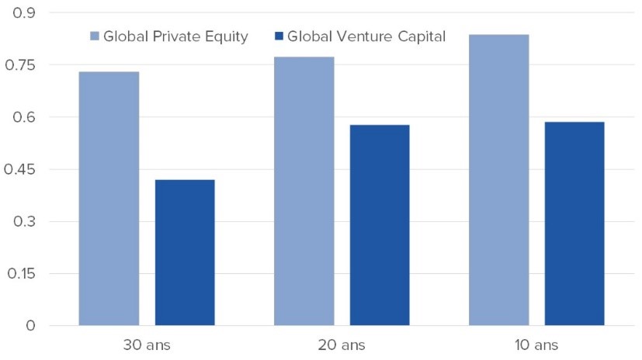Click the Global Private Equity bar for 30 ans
point(109,199)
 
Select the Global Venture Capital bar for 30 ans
point(185,252)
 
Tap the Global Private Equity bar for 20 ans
point(304,191)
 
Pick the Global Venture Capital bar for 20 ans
point(380,225)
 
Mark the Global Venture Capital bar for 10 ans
point(574,223)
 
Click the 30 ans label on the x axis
point(147,344)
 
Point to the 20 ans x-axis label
point(342,344)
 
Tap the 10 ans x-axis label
point(536,344)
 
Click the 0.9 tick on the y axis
point(25,13)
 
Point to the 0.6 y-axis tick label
point(25,117)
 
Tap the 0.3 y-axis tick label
point(25,222)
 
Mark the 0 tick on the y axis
point(30,326)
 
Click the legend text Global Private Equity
point(175,36)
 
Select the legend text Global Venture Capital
point(366,36)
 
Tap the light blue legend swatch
point(95,36)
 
